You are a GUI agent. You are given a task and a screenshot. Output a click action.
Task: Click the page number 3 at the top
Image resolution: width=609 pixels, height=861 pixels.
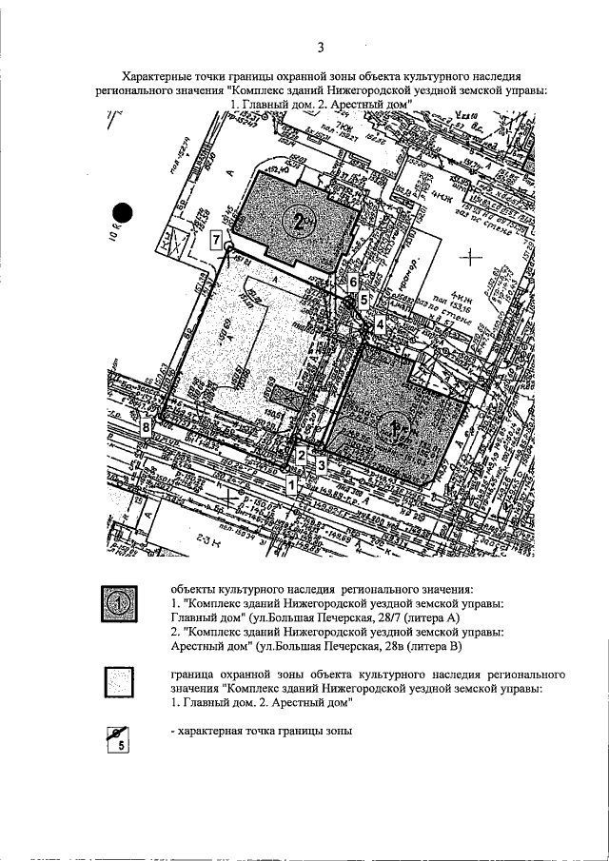(x=321, y=48)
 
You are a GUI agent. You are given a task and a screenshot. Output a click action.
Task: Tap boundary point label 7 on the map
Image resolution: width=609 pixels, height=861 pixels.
(x=217, y=241)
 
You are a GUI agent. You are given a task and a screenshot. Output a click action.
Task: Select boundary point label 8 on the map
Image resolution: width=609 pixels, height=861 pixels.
(x=145, y=428)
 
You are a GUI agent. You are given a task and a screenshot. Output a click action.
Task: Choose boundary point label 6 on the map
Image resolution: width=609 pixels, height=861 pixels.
(x=353, y=282)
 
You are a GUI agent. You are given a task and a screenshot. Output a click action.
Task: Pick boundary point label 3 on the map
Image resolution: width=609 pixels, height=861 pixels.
(x=322, y=464)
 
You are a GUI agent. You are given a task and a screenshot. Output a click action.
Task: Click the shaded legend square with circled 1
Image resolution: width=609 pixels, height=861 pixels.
(x=118, y=604)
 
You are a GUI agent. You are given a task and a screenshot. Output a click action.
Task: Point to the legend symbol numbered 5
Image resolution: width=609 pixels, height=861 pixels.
(x=118, y=738)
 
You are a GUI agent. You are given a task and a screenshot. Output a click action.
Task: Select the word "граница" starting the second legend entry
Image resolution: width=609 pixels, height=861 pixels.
(x=192, y=673)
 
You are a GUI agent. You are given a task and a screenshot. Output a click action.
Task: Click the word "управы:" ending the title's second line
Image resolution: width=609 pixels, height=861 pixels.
(x=522, y=89)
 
